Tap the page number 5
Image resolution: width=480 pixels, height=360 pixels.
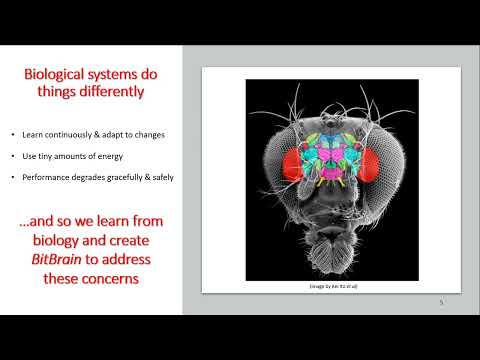441,302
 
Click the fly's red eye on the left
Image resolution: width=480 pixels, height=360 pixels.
275,164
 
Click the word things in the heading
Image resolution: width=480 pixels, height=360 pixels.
59,95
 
